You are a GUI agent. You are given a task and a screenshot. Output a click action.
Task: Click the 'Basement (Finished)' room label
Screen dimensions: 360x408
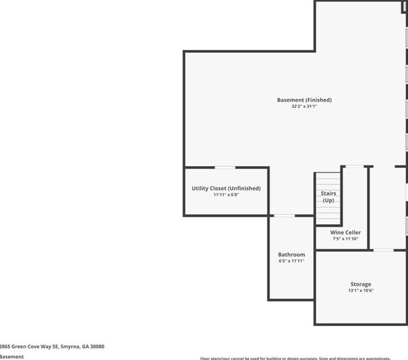[x=304, y=99]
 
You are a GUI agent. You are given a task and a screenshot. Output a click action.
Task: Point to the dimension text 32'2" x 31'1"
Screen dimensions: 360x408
[x=304, y=107]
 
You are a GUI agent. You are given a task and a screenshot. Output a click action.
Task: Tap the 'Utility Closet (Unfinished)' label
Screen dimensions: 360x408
[x=226, y=188]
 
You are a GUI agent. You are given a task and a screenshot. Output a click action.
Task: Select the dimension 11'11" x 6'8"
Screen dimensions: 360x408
[x=226, y=195]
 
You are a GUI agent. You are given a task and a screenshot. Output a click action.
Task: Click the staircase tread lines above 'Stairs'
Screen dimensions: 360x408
[x=328, y=181]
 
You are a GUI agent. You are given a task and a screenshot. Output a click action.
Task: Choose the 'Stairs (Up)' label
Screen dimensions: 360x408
[x=328, y=197]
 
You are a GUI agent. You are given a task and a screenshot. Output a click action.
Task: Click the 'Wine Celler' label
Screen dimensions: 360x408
[x=345, y=232]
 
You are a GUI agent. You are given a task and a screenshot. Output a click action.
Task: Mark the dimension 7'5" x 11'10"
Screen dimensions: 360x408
[x=345, y=239]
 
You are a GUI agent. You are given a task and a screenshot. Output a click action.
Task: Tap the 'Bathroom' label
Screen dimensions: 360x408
[x=291, y=255]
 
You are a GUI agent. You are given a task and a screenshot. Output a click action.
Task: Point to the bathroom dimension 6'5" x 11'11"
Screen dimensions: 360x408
[x=291, y=261]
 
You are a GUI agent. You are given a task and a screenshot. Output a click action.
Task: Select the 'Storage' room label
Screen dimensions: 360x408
[x=361, y=284]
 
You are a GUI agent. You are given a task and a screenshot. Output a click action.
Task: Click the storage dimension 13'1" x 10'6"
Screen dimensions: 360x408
[x=361, y=291]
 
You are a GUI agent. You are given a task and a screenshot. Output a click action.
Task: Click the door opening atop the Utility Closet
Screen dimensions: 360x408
[x=225, y=168]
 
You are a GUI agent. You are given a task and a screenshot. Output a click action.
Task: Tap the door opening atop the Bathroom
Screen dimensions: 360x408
[x=285, y=216]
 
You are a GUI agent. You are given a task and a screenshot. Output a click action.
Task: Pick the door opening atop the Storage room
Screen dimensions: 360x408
[x=383, y=250]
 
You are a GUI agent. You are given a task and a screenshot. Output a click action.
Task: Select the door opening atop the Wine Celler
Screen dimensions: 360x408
[x=355, y=167]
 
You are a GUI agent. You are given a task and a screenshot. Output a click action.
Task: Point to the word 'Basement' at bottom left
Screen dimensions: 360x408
[x=11, y=356]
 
